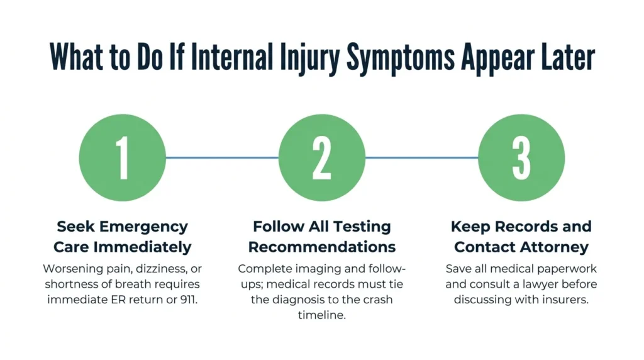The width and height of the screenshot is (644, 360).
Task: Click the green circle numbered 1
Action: point(123,158)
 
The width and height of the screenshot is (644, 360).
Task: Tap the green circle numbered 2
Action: point(322,158)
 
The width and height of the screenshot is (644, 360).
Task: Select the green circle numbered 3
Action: point(521,158)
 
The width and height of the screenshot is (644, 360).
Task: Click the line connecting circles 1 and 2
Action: point(222,157)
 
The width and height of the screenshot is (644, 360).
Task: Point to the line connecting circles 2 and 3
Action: point(422,157)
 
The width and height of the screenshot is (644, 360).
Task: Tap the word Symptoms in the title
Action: point(401,57)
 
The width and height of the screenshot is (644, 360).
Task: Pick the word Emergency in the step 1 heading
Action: point(143,227)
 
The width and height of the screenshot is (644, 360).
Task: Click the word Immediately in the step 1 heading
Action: point(143,247)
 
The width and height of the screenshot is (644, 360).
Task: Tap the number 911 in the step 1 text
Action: point(189,300)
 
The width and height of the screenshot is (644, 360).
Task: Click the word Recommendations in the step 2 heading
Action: point(322,247)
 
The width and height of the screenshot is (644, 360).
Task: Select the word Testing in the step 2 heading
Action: point(362,227)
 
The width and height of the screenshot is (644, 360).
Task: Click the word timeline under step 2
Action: point(322,315)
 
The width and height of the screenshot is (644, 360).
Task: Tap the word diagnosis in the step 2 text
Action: point(294,300)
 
